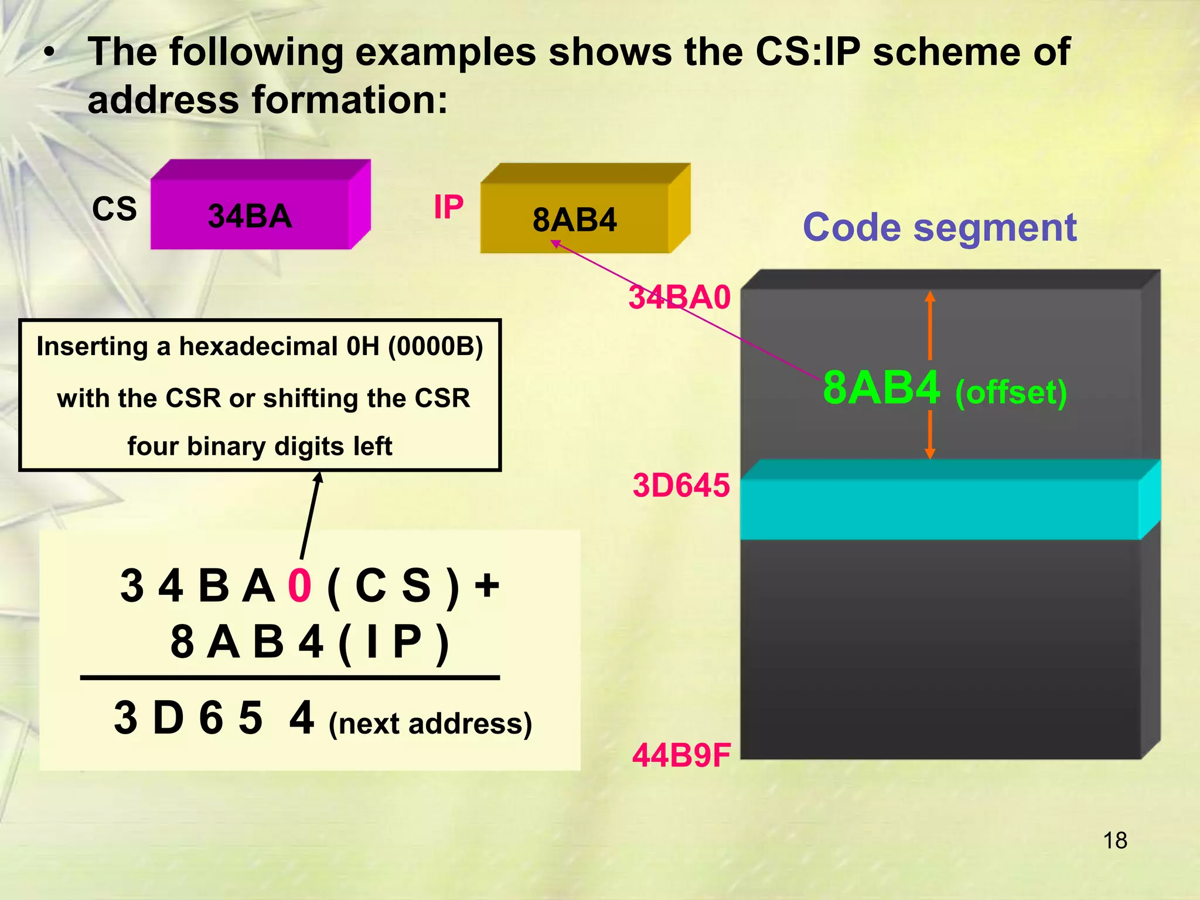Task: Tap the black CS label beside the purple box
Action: (x=114, y=209)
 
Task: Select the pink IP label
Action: (x=448, y=207)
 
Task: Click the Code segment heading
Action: (x=939, y=227)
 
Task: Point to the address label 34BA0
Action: (x=680, y=297)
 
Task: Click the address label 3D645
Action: (x=681, y=485)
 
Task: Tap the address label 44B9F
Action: (x=681, y=755)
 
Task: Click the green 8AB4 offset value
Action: (x=881, y=388)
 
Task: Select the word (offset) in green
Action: (x=1011, y=392)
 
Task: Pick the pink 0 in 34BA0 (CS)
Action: (x=299, y=585)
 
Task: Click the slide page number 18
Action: (x=1114, y=841)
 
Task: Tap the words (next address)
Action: (x=430, y=724)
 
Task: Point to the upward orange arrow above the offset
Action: (x=930, y=325)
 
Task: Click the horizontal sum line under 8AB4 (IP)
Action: (x=289, y=678)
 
